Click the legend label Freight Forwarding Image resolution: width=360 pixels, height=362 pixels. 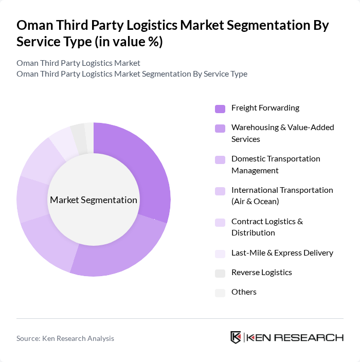(265, 108)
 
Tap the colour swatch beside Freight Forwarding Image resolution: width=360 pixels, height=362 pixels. (220, 108)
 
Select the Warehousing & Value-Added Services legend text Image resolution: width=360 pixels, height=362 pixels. (282, 133)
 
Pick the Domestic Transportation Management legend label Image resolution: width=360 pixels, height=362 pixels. (276, 164)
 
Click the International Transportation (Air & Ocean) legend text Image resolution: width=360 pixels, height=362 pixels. (282, 195)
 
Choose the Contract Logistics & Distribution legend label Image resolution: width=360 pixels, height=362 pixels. (267, 227)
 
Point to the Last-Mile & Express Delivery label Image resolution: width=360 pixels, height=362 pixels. (282, 252)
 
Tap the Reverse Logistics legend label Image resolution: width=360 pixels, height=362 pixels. (261, 273)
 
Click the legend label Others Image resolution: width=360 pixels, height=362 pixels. (244, 292)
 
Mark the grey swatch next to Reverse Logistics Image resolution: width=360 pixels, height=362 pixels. (220, 273)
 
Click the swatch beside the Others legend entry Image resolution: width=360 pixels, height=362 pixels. (220, 293)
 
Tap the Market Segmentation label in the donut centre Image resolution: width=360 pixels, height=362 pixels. (94, 200)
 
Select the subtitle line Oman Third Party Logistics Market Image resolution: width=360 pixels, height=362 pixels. (78, 63)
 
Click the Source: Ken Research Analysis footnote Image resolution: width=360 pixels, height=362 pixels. (65, 338)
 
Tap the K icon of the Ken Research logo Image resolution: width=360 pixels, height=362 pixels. (236, 337)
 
